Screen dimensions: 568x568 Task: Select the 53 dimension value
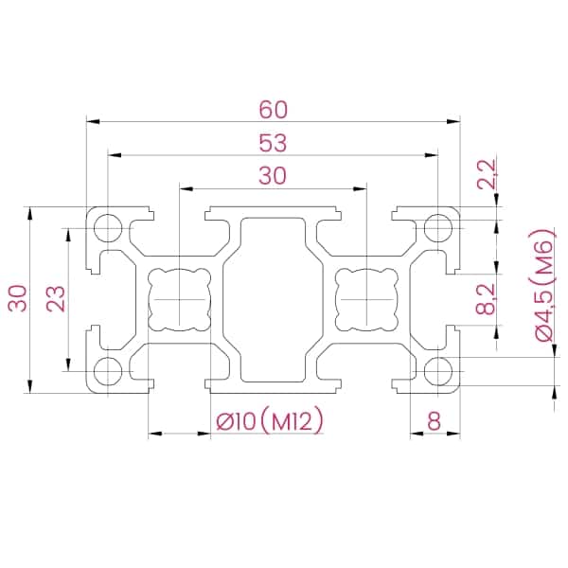tap(273, 143)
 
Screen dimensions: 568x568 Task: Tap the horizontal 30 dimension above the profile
tap(273, 175)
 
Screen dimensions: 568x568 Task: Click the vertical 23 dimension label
tap(56, 299)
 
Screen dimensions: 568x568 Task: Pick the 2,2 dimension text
tap(488, 176)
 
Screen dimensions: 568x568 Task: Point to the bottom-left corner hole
tap(109, 370)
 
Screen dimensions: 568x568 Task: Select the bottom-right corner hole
tap(437, 370)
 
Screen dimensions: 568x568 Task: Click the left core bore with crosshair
tap(179, 299)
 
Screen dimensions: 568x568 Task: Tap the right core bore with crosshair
tap(365, 299)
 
